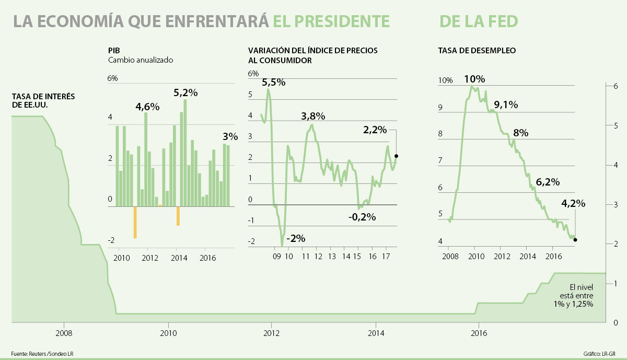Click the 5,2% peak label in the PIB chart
pos(185,92)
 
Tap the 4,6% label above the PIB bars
pos(148,107)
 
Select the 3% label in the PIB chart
pos(230,137)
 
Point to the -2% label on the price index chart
pos(296,238)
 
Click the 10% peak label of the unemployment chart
pos(474,79)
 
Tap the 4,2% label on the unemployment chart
pos(573,203)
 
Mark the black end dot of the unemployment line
pos(575,240)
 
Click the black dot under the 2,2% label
pos(397,156)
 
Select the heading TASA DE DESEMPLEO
pos(477,51)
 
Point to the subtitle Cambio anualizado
pos(140,60)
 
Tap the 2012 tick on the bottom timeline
pos(271,332)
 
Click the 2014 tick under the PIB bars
pos(179,258)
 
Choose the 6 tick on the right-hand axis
pos(616,86)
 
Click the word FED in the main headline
pos(500,20)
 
